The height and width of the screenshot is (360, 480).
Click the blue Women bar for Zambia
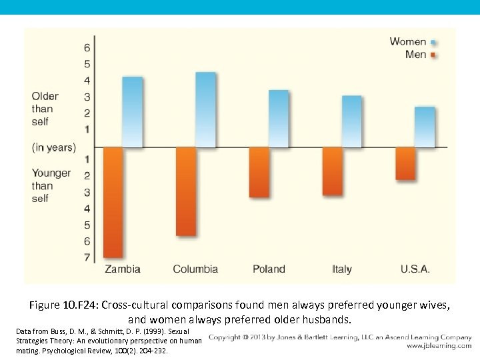[133, 112]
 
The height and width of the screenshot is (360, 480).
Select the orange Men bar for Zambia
[113, 202]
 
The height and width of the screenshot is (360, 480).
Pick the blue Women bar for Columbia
[205, 109]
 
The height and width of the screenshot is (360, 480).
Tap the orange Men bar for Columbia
[186, 191]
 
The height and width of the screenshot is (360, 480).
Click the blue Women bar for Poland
[279, 119]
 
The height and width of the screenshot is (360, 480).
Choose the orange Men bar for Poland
[259, 172]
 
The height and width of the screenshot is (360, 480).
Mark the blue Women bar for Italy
[351, 121]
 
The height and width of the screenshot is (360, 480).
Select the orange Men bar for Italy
[332, 171]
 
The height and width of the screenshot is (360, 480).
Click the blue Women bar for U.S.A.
[425, 127]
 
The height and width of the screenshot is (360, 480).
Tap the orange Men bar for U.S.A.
[405, 163]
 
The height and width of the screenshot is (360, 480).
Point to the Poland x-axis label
[269, 269]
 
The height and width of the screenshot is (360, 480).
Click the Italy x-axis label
[341, 269]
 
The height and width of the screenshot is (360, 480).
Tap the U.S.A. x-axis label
[415, 269]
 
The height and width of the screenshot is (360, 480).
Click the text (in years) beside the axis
[53, 147]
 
